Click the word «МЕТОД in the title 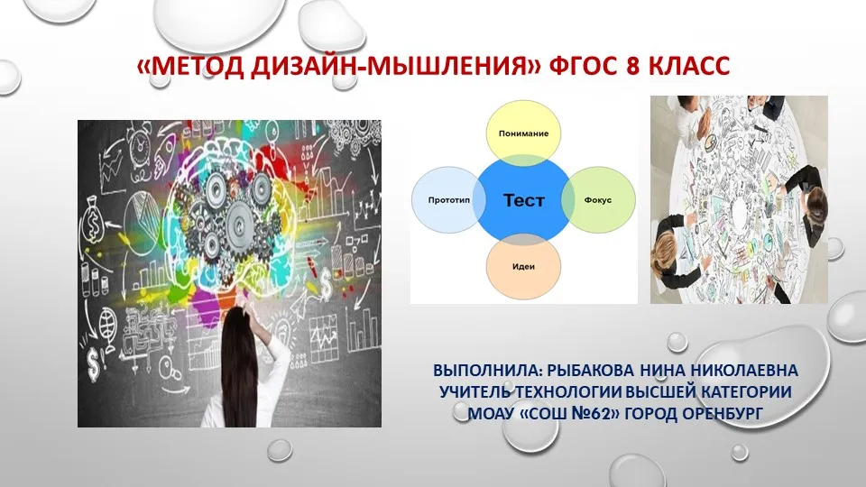coord(191,66)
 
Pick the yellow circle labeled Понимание coord(523,133)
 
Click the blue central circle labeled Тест coord(523,200)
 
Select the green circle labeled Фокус coord(598,200)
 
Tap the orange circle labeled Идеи coord(523,267)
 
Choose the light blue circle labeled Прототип coord(448,200)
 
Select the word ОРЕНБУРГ coord(723,413)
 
